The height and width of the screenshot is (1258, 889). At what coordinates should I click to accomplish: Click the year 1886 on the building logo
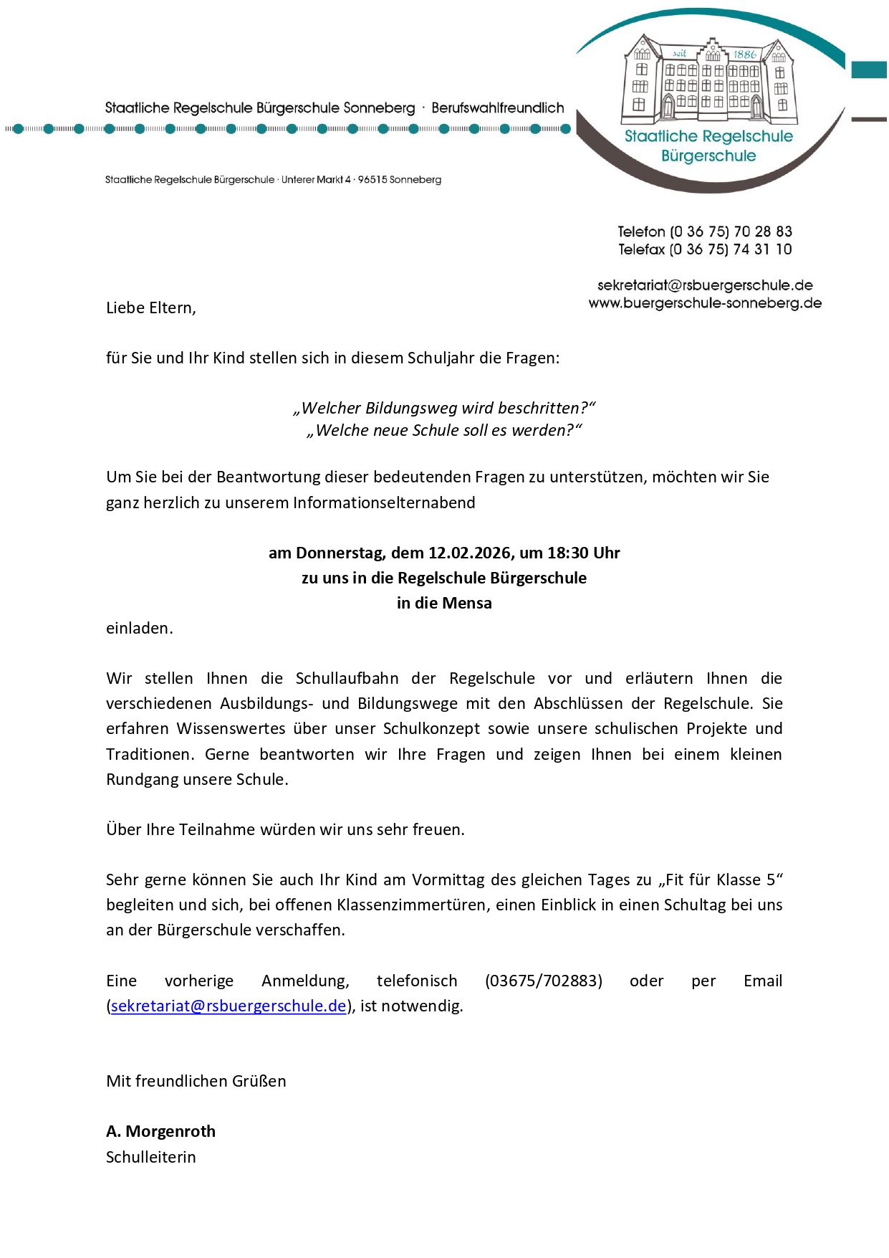(744, 54)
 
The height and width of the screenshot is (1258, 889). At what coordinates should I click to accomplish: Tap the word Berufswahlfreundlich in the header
(497, 108)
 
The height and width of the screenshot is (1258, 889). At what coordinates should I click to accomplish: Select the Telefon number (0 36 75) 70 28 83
(731, 232)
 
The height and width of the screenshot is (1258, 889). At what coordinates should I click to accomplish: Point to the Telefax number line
(705, 249)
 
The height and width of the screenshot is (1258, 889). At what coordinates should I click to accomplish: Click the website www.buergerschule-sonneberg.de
(705, 303)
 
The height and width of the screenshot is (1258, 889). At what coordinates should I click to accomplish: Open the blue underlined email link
(229, 1006)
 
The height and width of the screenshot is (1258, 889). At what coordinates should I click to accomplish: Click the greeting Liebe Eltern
(150, 308)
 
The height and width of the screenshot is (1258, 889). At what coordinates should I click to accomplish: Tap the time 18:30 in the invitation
(568, 553)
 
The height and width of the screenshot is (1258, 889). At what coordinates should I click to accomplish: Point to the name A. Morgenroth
(160, 1132)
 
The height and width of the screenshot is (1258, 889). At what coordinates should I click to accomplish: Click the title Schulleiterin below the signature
(150, 1158)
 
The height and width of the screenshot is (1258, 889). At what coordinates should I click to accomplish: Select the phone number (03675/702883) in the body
(543, 981)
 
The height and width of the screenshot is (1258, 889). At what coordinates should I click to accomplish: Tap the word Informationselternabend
(384, 503)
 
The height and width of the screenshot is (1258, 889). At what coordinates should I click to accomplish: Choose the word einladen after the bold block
(139, 629)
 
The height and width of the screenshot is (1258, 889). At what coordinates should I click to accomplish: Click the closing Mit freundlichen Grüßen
(196, 1082)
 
